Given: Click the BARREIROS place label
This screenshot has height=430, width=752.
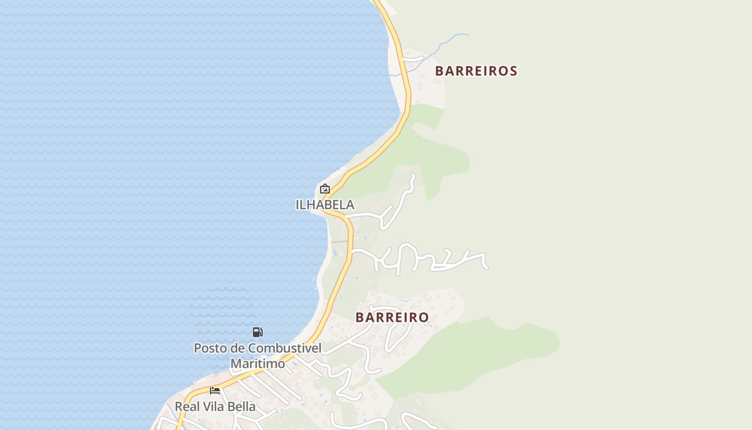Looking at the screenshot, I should tap(476, 71).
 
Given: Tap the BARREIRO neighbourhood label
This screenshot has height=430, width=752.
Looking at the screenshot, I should tap(392, 318).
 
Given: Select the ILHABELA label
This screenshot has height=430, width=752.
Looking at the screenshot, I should tap(325, 205).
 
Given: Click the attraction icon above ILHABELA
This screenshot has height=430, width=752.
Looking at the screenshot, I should tap(324, 189).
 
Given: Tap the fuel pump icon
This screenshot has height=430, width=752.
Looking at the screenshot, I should tap(258, 332).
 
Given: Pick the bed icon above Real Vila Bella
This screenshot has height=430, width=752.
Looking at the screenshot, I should tap(215, 391).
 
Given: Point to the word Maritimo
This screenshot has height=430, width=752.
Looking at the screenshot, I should tap(258, 364).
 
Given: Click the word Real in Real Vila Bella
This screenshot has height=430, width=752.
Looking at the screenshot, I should tap(187, 407).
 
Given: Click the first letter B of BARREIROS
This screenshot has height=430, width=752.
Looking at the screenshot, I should tap(439, 71).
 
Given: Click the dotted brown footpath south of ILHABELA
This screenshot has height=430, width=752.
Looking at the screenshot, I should tap(339, 242).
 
